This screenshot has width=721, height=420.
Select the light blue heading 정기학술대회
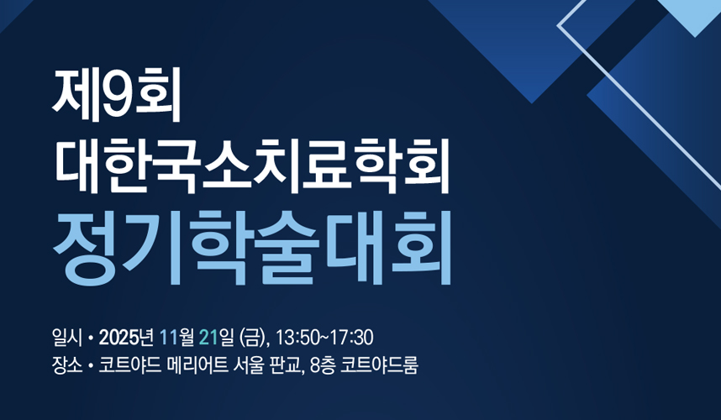pyautogui.click(x=252, y=248)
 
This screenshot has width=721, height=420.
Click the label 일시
pyautogui.click(x=67, y=338)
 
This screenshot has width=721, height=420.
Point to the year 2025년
pyautogui.click(x=126, y=338)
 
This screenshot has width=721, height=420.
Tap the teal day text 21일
pyautogui.click(x=217, y=338)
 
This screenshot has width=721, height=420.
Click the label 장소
pyautogui.click(x=67, y=365)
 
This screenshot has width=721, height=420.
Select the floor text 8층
pyautogui.click(x=323, y=365)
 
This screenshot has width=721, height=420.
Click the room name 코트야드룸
pyautogui.click(x=379, y=365)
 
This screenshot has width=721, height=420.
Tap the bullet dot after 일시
pyautogui.click(x=90, y=339)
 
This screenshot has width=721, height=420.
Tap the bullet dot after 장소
pyautogui.click(x=90, y=367)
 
